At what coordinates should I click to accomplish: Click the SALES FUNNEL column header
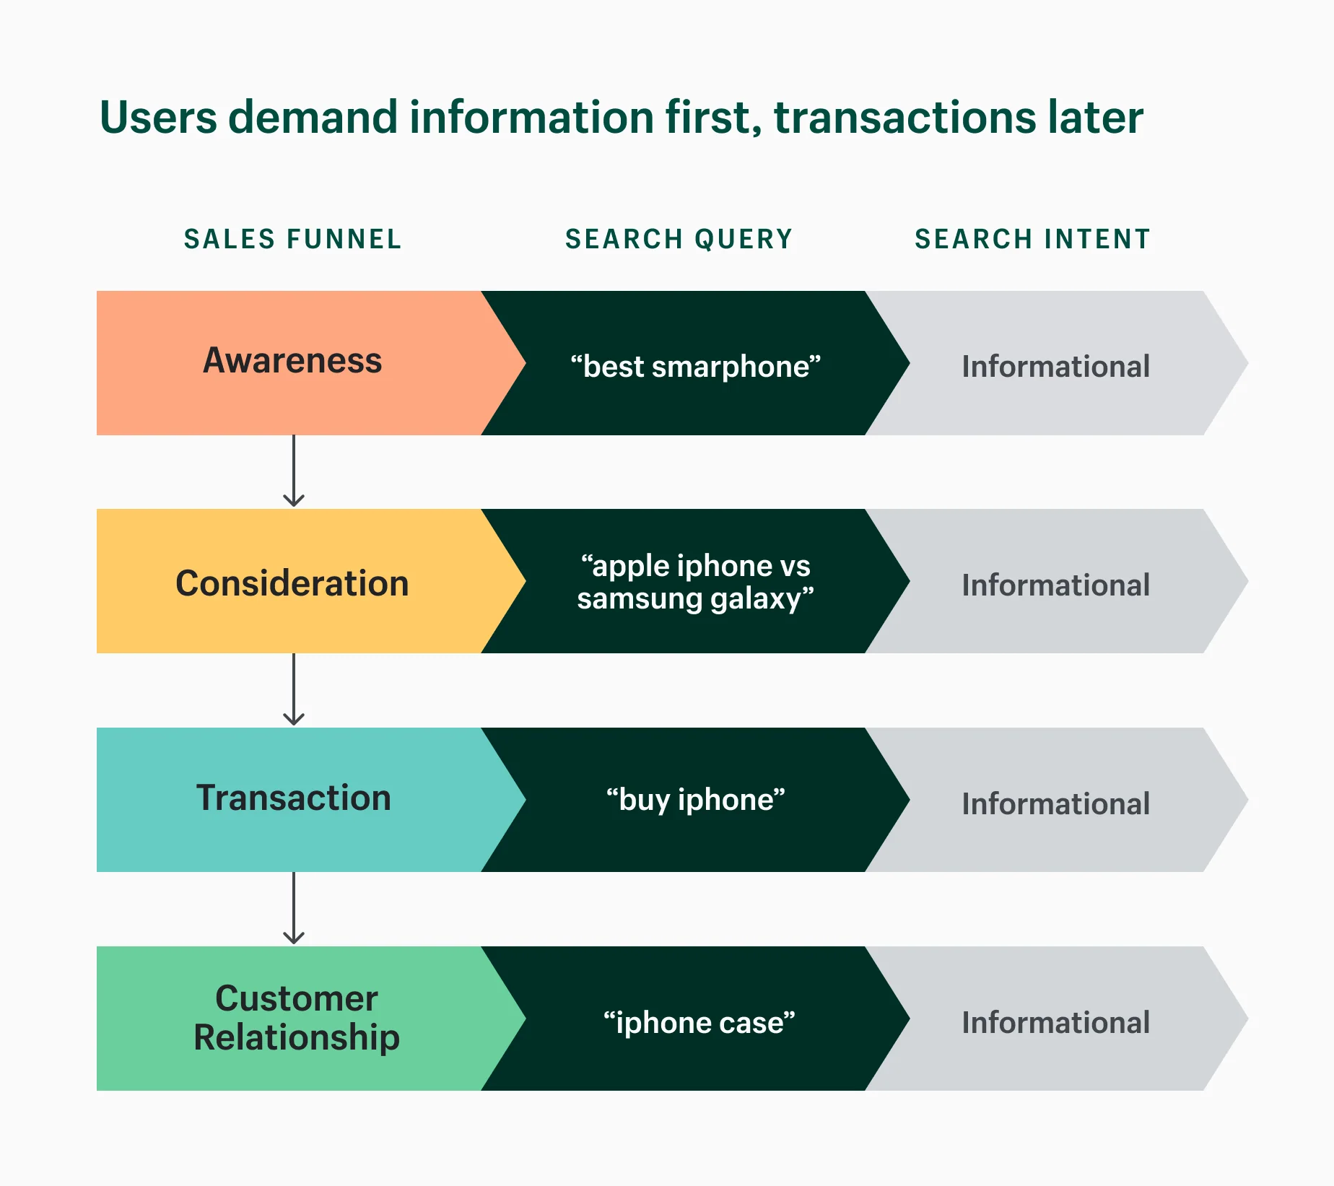(x=292, y=239)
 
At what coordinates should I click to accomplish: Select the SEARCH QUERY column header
(x=679, y=239)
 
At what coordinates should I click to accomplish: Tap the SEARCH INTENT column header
(x=1032, y=239)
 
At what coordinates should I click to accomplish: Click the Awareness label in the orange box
(x=292, y=360)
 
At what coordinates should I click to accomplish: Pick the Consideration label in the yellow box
(x=292, y=583)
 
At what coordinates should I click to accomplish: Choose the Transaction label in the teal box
(x=293, y=798)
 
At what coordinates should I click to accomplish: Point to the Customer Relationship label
(x=296, y=1018)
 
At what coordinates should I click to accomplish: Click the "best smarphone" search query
(x=695, y=367)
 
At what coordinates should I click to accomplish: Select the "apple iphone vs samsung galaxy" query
(x=695, y=582)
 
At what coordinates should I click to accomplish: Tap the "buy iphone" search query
(x=695, y=800)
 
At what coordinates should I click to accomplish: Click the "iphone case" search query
(x=699, y=1022)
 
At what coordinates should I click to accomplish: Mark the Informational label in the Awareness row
(x=1055, y=367)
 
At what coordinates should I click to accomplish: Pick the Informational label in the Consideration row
(x=1055, y=585)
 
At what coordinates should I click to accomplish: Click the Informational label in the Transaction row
(x=1055, y=804)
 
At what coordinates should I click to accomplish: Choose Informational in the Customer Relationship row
(x=1055, y=1023)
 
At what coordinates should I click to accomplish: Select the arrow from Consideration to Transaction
(x=293, y=690)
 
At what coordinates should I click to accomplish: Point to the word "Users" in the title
(x=158, y=118)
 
